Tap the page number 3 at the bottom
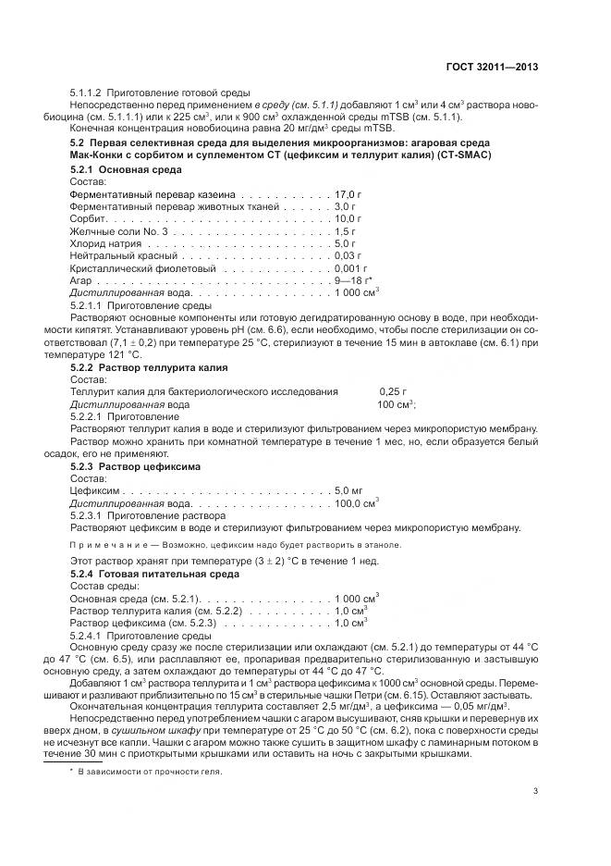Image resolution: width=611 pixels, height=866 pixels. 536,790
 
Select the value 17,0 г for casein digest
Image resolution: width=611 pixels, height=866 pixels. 349,195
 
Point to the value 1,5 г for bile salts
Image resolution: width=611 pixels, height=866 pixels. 346,230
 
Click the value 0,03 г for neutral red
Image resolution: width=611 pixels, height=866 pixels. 348,254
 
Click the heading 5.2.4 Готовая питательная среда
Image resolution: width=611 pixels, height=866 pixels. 154,574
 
